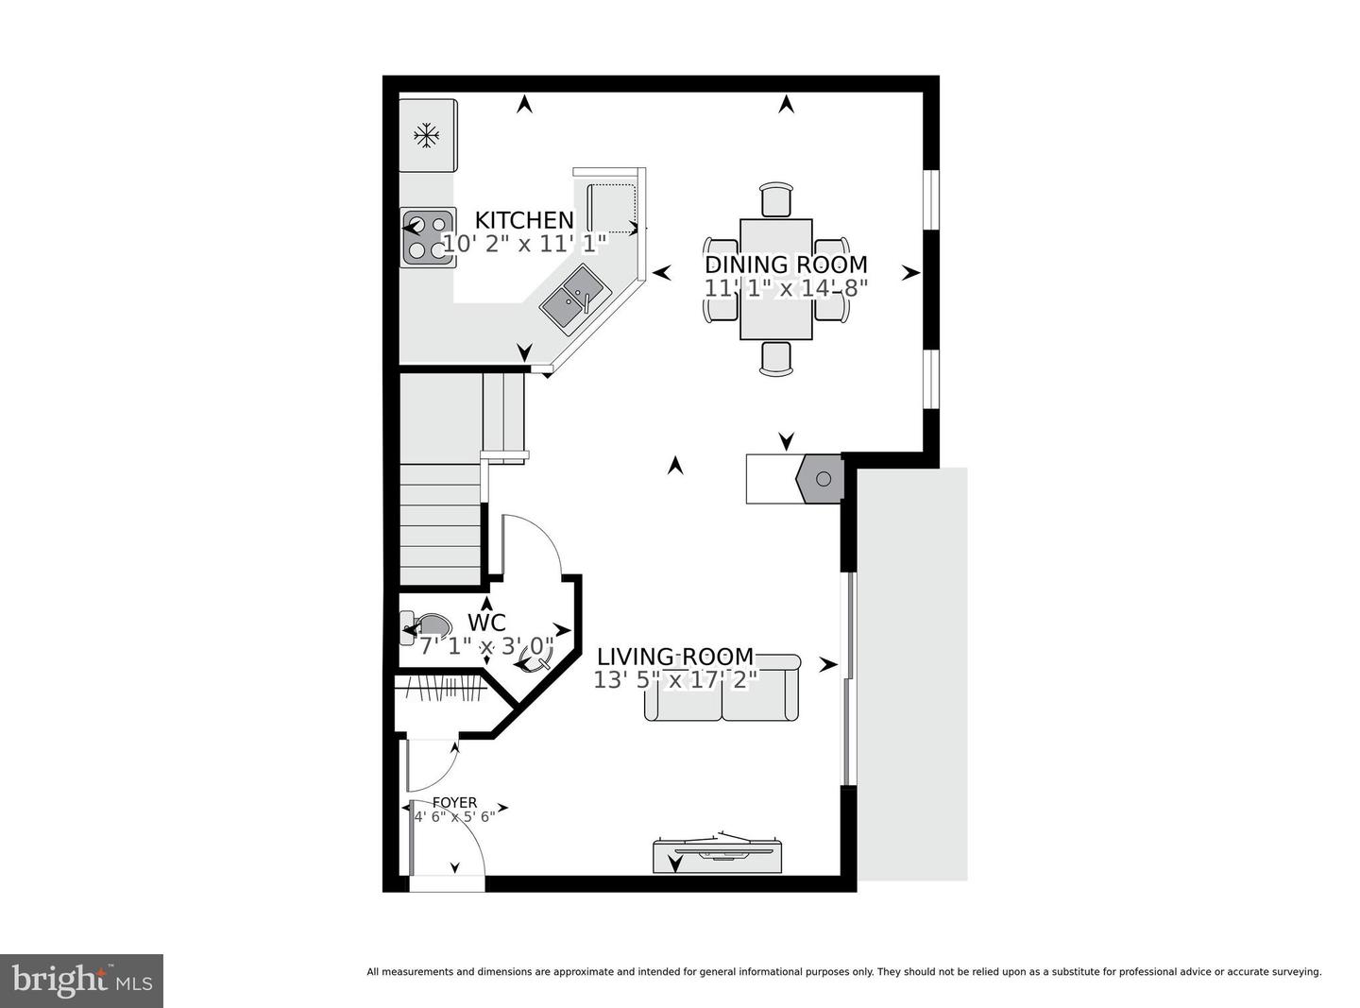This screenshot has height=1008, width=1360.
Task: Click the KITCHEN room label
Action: tap(524, 219)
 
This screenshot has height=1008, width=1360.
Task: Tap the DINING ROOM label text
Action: tap(786, 265)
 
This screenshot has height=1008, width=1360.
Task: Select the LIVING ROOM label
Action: tap(675, 657)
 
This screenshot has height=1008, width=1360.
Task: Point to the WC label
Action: tap(486, 623)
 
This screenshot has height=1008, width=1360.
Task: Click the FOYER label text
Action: tap(454, 802)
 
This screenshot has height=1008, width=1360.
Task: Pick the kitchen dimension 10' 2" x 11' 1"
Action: tap(524, 244)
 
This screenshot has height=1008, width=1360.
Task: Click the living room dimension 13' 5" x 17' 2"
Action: tap(676, 680)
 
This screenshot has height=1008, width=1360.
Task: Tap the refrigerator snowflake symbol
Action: tap(426, 135)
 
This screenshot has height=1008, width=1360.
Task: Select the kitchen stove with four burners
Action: tap(429, 237)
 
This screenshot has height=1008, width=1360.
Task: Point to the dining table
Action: tap(775, 279)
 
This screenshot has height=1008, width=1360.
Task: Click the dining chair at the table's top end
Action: tap(775, 199)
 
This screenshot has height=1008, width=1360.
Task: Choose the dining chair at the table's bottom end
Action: tap(775, 358)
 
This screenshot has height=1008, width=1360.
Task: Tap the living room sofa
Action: tap(722, 687)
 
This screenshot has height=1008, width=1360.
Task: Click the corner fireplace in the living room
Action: tap(819, 479)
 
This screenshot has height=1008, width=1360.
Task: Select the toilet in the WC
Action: tap(426, 627)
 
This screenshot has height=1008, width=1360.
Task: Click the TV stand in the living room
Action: tap(717, 855)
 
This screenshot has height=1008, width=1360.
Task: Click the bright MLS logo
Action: tap(81, 981)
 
